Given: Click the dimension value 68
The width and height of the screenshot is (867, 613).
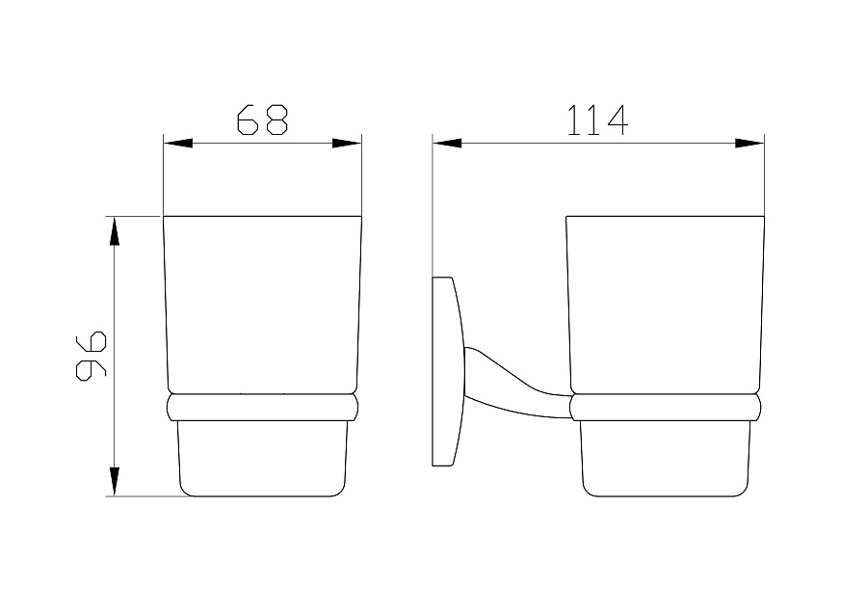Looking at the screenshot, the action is click(x=263, y=120).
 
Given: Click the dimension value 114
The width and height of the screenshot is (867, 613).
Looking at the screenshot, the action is click(x=597, y=120).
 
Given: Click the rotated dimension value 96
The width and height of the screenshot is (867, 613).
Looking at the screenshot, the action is click(x=91, y=356).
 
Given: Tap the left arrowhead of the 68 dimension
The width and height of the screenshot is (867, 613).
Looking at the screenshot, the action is click(x=178, y=144).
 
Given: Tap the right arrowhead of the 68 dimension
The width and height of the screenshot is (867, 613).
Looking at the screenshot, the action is click(x=347, y=144).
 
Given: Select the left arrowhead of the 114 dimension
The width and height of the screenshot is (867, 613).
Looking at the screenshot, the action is click(x=447, y=144).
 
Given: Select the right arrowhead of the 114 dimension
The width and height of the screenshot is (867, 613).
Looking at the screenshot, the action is click(x=749, y=144).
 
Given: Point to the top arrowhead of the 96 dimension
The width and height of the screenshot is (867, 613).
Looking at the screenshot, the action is click(x=115, y=230).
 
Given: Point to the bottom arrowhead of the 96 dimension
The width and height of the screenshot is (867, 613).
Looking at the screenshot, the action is click(x=115, y=481).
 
